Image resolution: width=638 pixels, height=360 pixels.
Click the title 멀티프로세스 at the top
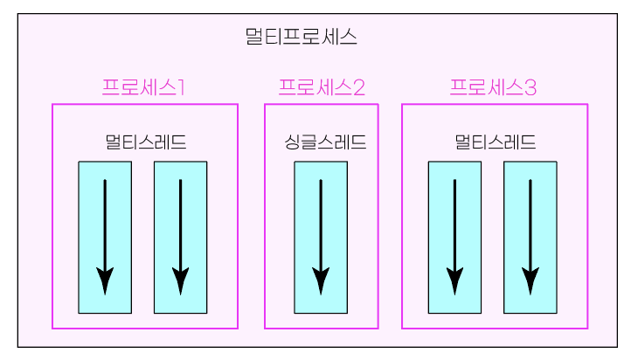(x=301, y=38)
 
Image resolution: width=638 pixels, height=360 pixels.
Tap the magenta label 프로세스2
(x=321, y=87)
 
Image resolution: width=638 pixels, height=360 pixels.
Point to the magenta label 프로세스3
(x=493, y=87)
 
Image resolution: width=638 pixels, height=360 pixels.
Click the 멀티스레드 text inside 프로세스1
(x=145, y=142)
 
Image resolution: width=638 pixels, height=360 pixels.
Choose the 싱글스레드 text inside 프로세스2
(x=324, y=142)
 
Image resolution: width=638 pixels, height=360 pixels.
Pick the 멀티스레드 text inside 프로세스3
(x=496, y=142)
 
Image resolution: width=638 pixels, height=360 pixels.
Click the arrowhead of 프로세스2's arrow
(x=321, y=280)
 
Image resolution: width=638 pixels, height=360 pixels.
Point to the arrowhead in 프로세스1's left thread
(x=105, y=280)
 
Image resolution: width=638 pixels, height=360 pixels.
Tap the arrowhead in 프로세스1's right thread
(x=180, y=280)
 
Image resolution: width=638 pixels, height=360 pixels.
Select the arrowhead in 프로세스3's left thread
(x=454, y=280)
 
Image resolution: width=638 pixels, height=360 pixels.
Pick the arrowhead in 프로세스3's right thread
(x=530, y=280)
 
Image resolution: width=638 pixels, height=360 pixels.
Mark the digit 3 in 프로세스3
(x=530, y=87)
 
